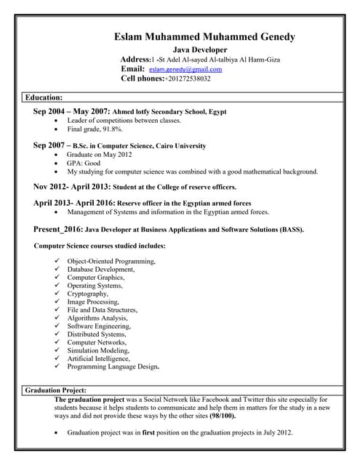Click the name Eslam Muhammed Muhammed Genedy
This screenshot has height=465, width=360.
(204, 37)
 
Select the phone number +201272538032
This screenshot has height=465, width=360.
(188, 78)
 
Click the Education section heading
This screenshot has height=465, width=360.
(44, 97)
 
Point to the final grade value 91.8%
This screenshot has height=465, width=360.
(116, 129)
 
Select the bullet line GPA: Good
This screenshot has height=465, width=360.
(84, 163)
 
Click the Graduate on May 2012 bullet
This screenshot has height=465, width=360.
(100, 155)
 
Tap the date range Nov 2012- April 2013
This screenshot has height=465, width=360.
(71, 186)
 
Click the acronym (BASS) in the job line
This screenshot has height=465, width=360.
(290, 230)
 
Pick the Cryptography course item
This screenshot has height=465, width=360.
(87, 294)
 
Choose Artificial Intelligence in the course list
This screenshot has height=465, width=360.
(98, 358)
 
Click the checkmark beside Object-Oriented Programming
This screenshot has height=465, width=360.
(57, 261)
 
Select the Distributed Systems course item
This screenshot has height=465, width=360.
(96, 334)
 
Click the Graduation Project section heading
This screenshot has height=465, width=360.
(56, 390)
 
